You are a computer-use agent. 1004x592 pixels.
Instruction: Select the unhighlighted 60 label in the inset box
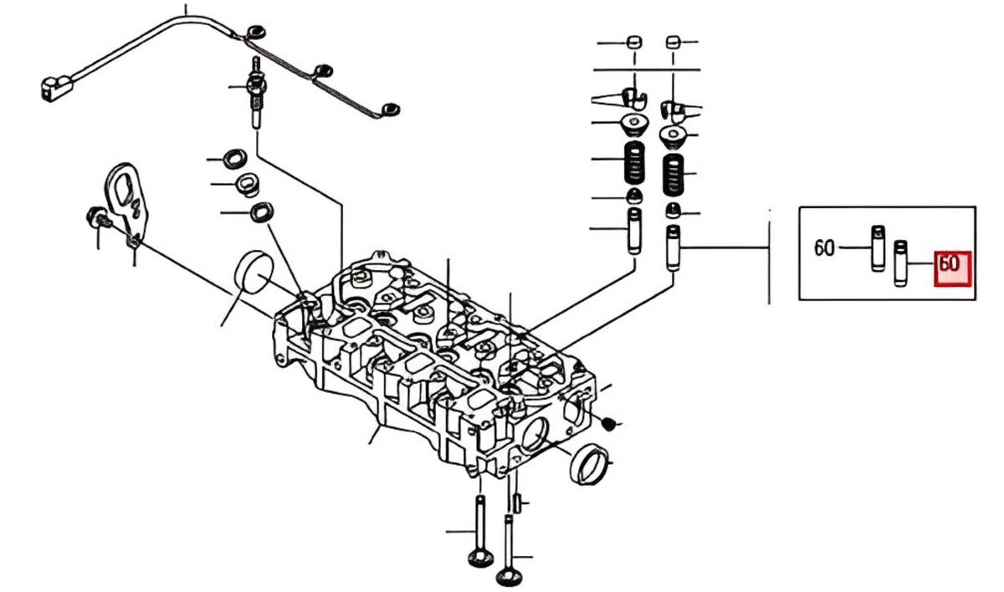point(824,248)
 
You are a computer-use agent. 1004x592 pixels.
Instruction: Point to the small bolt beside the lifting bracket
point(95,219)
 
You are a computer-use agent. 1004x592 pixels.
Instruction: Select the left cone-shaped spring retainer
point(634,126)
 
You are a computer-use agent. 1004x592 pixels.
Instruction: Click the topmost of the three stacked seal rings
point(234,158)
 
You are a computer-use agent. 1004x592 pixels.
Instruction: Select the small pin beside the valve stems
point(518,503)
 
